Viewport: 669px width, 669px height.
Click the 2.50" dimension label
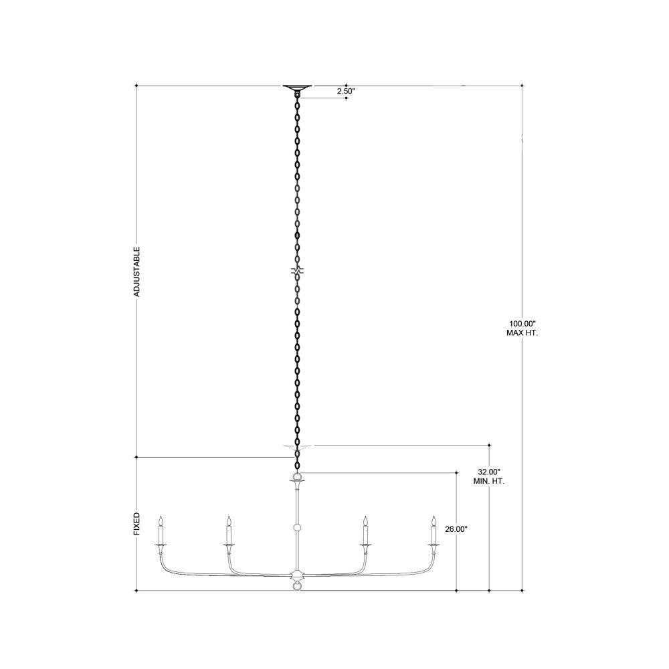coord(346,91)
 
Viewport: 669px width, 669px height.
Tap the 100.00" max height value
coord(522,323)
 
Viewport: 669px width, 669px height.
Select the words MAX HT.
coord(522,332)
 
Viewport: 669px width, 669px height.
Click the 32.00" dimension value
coord(489,472)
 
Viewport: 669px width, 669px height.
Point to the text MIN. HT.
coord(489,481)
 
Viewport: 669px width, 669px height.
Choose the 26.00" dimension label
coord(456,529)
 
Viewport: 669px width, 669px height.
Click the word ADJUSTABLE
coord(136,272)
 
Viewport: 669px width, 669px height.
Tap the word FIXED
coord(136,524)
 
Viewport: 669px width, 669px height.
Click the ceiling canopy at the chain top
coord(298,89)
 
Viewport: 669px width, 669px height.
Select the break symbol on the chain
coord(298,270)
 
